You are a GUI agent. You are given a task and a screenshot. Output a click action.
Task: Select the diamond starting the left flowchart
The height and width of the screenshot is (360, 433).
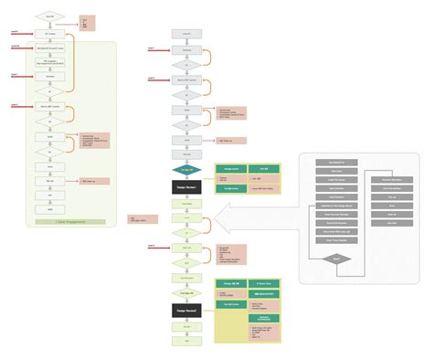pos(49,17)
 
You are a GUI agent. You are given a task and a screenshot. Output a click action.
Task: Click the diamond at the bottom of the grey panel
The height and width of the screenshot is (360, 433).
pos(337,259)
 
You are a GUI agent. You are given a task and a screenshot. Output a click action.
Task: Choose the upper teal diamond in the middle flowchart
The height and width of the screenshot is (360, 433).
pos(186,170)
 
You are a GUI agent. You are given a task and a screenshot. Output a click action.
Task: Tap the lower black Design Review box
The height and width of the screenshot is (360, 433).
pos(186,310)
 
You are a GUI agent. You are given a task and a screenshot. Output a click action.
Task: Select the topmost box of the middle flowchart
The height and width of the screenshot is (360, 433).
pos(186,33)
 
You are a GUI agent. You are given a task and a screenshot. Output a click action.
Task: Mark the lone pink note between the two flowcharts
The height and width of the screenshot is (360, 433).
pos(144,218)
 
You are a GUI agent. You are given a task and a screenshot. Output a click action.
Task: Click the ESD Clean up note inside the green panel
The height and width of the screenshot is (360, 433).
pos(95,181)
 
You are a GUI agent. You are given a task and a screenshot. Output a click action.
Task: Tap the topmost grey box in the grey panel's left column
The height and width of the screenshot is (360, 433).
pos(337,162)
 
